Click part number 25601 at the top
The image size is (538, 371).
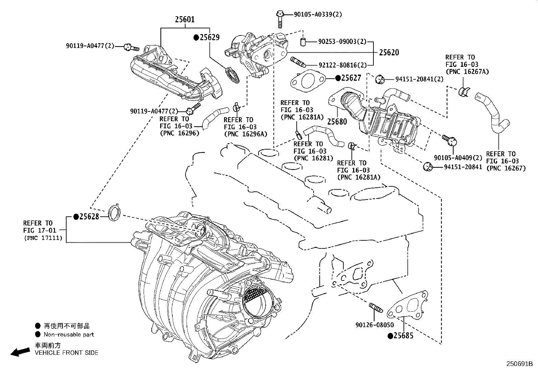click(x=185, y=20)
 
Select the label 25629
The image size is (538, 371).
click(x=209, y=37)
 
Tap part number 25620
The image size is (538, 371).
click(x=389, y=52)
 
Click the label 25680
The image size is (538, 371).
click(x=337, y=122)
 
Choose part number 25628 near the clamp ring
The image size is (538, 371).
click(x=89, y=216)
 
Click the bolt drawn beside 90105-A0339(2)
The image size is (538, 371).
click(x=279, y=19)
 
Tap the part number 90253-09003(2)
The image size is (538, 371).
click(x=342, y=42)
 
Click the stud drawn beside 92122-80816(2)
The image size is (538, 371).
click(x=298, y=62)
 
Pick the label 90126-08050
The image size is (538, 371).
click(x=374, y=325)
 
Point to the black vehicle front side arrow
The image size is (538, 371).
click(x=20, y=352)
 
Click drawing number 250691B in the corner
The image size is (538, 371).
click(x=519, y=364)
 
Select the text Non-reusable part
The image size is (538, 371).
click(x=69, y=335)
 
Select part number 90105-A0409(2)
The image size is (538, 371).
click(x=458, y=158)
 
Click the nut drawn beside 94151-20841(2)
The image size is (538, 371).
click(x=380, y=79)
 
